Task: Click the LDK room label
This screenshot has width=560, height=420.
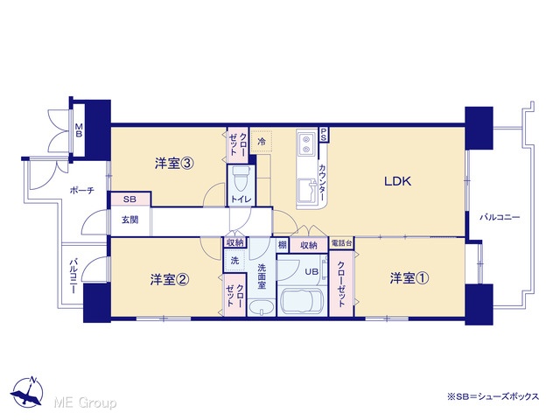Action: tap(397, 181)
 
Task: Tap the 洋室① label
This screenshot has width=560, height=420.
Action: tap(409, 278)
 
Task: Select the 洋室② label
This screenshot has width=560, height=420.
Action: tap(169, 280)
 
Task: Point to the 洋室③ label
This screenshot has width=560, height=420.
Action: tap(174, 164)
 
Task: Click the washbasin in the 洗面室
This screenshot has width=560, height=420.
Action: tap(262, 307)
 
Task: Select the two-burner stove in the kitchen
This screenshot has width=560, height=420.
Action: tap(306, 143)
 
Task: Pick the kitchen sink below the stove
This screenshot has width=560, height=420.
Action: tap(306, 191)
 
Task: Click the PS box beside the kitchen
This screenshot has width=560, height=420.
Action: tap(324, 135)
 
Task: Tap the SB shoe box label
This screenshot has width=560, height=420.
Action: tap(129, 199)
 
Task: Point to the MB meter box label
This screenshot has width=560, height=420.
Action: tap(79, 130)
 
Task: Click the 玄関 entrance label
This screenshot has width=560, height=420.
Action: tap(129, 220)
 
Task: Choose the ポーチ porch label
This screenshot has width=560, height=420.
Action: tap(81, 191)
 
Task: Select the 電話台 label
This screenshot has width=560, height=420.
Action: tap(342, 243)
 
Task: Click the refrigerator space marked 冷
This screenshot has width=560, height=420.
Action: tap(262, 142)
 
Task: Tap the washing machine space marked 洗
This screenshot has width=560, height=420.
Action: tap(234, 261)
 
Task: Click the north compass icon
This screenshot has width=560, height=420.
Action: tap(27, 392)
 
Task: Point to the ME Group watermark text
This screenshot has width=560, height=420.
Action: tap(85, 402)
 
